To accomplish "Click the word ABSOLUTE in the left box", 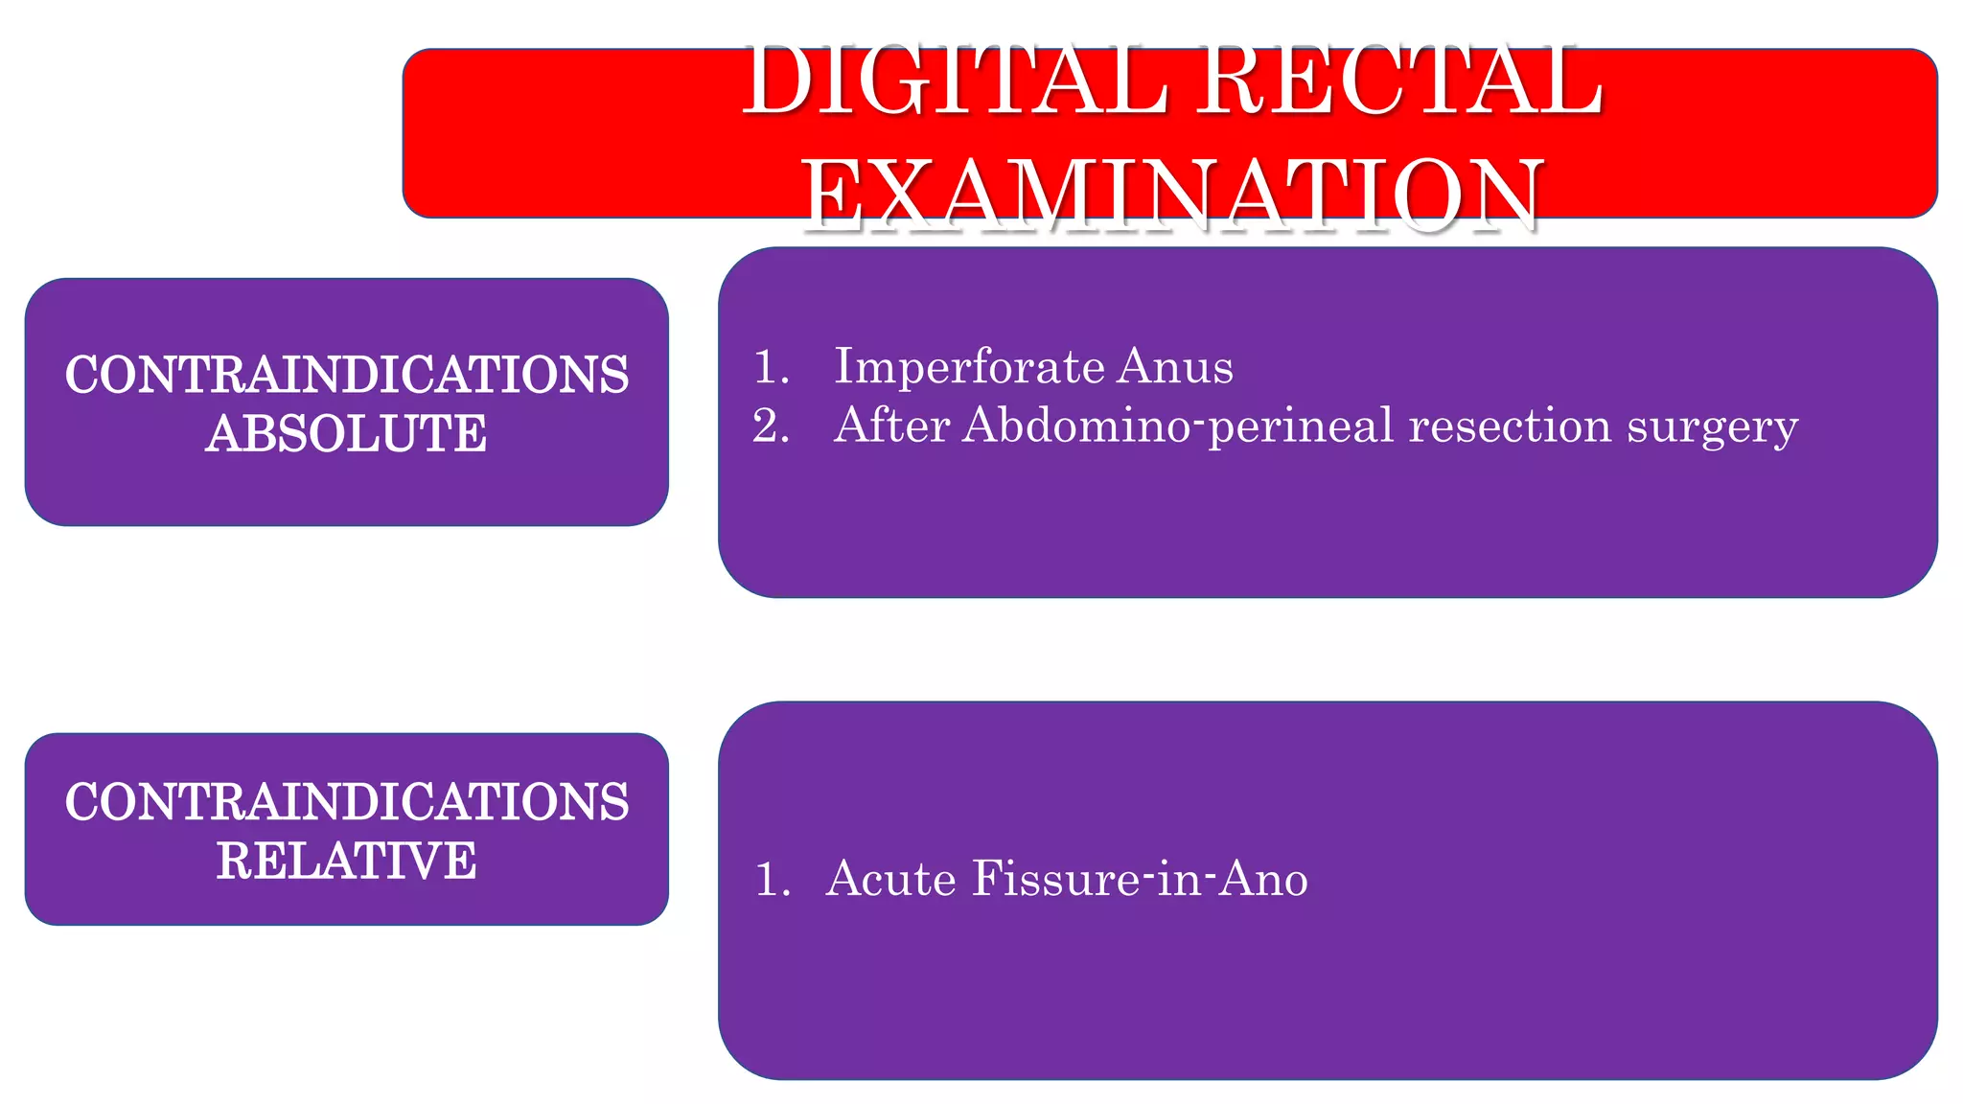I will pyautogui.click(x=346, y=433).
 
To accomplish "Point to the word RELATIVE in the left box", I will pyautogui.click(x=346, y=860).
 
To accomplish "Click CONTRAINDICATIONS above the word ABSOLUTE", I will pyautogui.click(x=346, y=374).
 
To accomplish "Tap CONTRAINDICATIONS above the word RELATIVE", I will pyautogui.click(x=346, y=801).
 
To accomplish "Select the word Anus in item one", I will pyautogui.click(x=1176, y=366).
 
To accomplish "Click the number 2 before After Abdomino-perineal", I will pyautogui.click(x=769, y=425).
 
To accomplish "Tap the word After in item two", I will pyautogui.click(x=891, y=425).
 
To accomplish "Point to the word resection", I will pyautogui.click(x=1510, y=425).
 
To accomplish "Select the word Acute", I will pyautogui.click(x=890, y=879).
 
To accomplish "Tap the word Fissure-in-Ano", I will pyautogui.click(x=1140, y=879).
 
